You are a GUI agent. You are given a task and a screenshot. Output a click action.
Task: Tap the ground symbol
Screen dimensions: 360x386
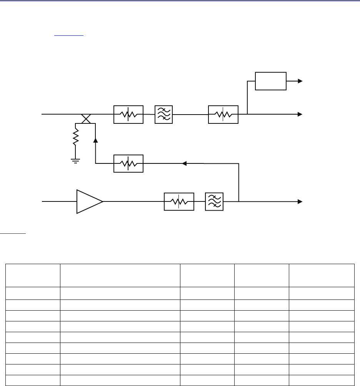point(75,161)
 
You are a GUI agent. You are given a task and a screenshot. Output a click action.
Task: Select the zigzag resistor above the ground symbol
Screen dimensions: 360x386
point(75,136)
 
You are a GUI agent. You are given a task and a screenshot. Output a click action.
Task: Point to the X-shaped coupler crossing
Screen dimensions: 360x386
point(85,119)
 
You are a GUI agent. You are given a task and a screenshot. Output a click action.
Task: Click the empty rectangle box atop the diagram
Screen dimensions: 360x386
point(271,81)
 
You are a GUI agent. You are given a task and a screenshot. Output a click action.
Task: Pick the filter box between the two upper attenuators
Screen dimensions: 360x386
point(163,114)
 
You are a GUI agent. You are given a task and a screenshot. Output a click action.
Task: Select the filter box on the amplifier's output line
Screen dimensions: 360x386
point(215,201)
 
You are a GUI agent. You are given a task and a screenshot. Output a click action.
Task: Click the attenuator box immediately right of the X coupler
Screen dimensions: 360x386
point(128,114)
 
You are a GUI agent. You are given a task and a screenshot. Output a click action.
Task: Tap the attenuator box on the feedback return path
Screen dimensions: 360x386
point(128,163)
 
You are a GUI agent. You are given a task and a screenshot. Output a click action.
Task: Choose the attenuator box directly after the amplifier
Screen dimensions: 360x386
point(179,201)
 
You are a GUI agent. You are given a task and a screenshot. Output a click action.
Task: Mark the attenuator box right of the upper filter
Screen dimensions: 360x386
point(223,114)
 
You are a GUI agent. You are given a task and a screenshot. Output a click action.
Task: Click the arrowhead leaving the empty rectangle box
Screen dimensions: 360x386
point(300,81)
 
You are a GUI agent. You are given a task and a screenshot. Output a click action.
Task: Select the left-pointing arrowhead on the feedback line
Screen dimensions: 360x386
point(184,163)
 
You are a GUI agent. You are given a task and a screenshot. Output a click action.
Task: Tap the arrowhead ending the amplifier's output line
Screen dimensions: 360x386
point(300,201)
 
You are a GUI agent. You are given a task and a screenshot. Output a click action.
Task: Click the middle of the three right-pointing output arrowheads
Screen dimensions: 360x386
point(300,114)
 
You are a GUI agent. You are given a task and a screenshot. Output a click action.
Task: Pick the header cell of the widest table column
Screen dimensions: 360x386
point(120,275)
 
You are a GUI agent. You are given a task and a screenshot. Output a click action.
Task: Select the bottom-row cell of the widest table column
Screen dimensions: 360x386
point(120,380)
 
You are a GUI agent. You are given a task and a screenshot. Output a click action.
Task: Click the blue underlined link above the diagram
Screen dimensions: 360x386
point(69,34)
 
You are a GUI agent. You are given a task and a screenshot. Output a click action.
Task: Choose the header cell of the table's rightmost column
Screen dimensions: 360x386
point(322,275)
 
